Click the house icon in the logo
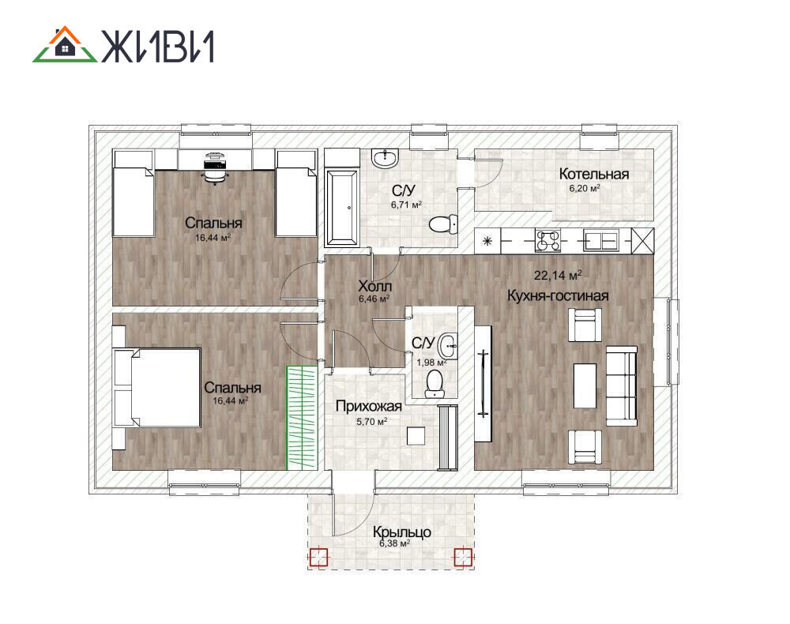pyautogui.click(x=65, y=44)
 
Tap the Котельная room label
pyautogui.click(x=594, y=175)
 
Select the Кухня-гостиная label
pyautogui.click(x=558, y=295)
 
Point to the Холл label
pyautogui.click(x=374, y=286)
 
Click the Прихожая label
pyautogui.click(x=369, y=407)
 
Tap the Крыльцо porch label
pyautogui.click(x=401, y=532)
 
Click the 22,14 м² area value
pyautogui.click(x=558, y=276)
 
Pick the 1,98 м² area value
pyautogui.click(x=431, y=362)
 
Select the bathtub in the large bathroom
pyautogui.click(x=342, y=208)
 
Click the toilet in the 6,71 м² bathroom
pyautogui.click(x=443, y=224)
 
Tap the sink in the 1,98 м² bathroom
pyautogui.click(x=448, y=346)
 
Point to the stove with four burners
pyautogui.click(x=548, y=240)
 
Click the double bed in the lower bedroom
pyautogui.click(x=157, y=387)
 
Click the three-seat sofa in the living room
pyautogui.click(x=621, y=385)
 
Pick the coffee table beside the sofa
pyautogui.click(x=585, y=385)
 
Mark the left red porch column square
pyautogui.click(x=318, y=557)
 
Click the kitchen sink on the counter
pyautogui.click(x=601, y=240)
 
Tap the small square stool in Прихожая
pyautogui.click(x=416, y=436)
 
